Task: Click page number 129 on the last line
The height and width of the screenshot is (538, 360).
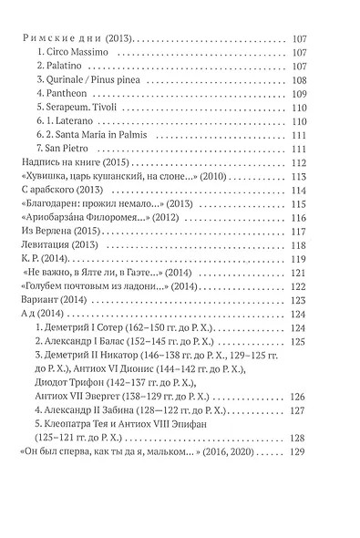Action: [x=324, y=481]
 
